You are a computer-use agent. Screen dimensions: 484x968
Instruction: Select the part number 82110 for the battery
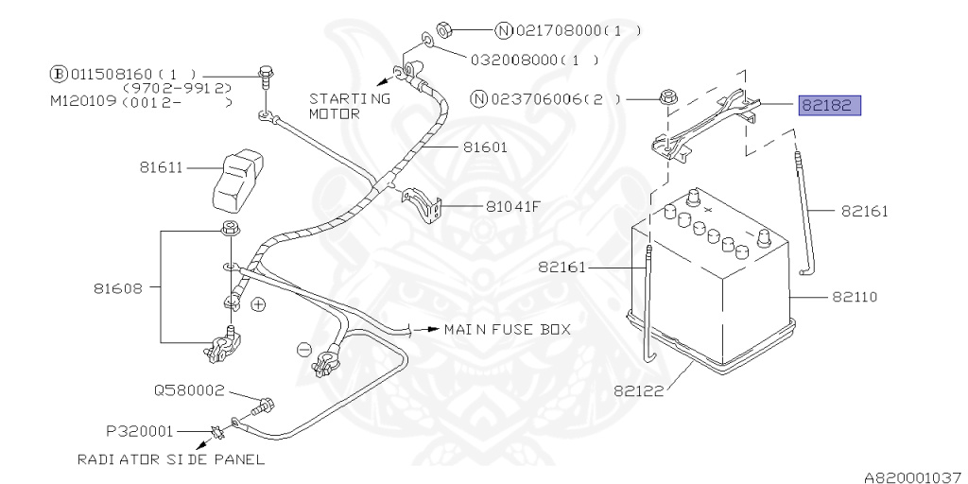(x=856, y=297)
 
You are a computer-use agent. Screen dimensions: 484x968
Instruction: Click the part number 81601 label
(x=485, y=147)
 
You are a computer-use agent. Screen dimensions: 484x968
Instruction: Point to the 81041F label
(x=513, y=205)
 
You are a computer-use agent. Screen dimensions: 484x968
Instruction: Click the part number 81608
(x=119, y=287)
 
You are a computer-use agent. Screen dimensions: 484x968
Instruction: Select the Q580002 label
(x=189, y=389)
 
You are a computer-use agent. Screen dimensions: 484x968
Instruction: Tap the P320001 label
(x=139, y=430)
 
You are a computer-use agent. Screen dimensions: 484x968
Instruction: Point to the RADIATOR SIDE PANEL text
(x=171, y=459)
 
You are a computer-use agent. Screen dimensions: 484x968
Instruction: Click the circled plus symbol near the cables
(x=259, y=305)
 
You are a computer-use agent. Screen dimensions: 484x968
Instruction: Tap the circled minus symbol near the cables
(x=303, y=349)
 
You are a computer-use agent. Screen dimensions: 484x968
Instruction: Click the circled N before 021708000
(x=505, y=30)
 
